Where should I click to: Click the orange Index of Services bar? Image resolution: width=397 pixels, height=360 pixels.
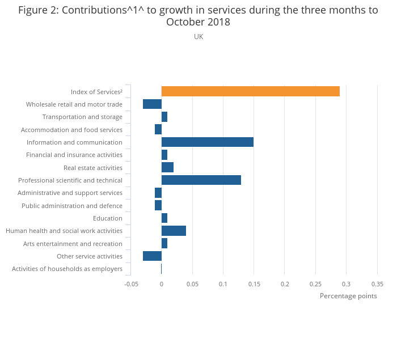[250, 91]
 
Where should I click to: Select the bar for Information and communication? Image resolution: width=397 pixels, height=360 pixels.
[207, 142]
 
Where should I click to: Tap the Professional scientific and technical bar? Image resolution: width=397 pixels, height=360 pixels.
[201, 180]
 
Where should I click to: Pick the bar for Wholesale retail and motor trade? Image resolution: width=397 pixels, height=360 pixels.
[152, 104]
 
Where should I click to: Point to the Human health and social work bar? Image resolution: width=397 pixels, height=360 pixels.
[174, 231]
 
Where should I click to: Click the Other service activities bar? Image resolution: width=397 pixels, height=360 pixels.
[152, 256]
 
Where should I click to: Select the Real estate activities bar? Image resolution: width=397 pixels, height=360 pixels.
[167, 167]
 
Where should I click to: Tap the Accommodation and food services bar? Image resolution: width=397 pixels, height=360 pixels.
[158, 129]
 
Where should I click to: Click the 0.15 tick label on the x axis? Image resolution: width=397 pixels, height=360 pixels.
[254, 284]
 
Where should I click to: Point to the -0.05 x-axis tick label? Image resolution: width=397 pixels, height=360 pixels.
[131, 284]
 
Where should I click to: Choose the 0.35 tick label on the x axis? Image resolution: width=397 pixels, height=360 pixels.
[377, 284]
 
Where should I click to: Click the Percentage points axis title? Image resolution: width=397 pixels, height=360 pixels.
[348, 296]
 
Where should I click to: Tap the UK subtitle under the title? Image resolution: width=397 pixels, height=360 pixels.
[198, 37]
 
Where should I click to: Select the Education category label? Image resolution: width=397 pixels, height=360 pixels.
[108, 218]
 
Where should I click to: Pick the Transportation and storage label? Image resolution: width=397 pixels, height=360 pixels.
[82, 117]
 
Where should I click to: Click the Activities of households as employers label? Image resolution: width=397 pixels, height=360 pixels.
[67, 269]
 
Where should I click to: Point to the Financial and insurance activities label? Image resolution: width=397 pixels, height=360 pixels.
[74, 155]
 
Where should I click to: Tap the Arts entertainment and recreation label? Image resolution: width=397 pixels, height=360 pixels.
[73, 244]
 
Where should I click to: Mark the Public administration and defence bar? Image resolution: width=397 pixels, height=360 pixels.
[158, 205]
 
